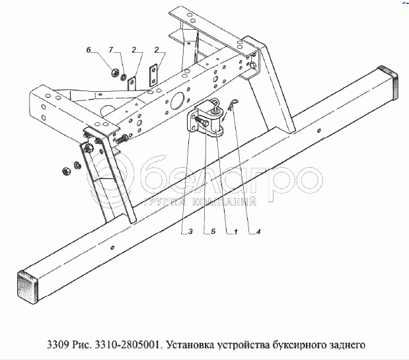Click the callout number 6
tap(89, 50)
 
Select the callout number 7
tap(112, 50)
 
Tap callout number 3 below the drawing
tap(190, 231)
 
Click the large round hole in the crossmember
tap(176, 100)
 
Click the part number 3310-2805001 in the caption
tap(130, 343)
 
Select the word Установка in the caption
tap(190, 343)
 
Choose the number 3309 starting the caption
tap(59, 343)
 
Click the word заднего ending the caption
tap(346, 343)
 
